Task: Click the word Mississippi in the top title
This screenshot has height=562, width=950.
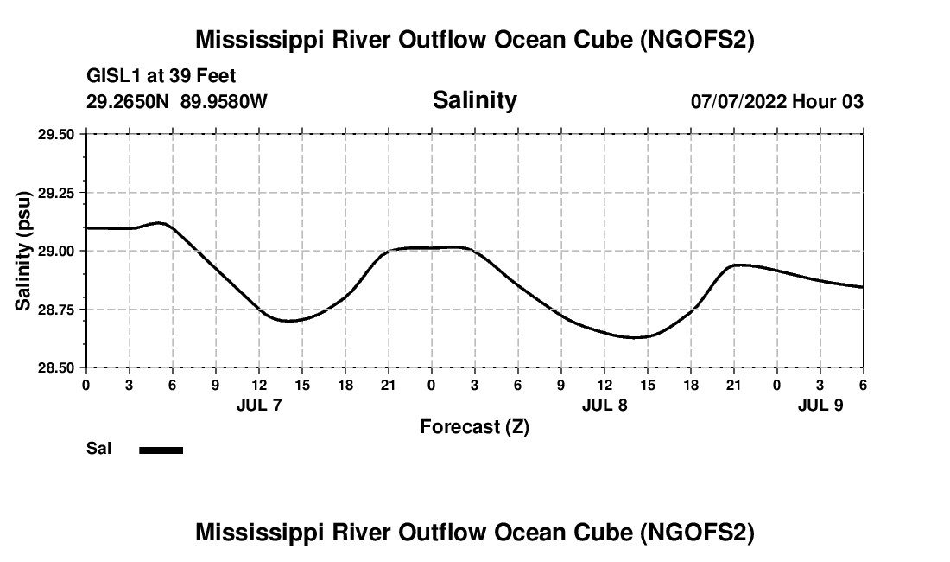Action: point(250,40)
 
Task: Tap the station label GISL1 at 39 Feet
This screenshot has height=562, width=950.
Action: point(161,77)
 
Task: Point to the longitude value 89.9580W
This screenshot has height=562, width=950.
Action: point(225,102)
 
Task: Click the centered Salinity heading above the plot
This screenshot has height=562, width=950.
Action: point(475,100)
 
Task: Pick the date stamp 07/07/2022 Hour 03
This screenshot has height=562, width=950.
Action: point(777,102)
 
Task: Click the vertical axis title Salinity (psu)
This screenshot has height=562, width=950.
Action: point(23,251)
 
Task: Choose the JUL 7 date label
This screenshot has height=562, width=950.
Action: point(259,404)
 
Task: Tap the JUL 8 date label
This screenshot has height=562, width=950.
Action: point(605,404)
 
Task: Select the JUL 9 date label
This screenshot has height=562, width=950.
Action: point(820,404)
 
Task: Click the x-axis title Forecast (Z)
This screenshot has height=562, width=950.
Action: point(475,427)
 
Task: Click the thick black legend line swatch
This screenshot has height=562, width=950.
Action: point(161,450)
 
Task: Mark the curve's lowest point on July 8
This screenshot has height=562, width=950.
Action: point(635,337)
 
